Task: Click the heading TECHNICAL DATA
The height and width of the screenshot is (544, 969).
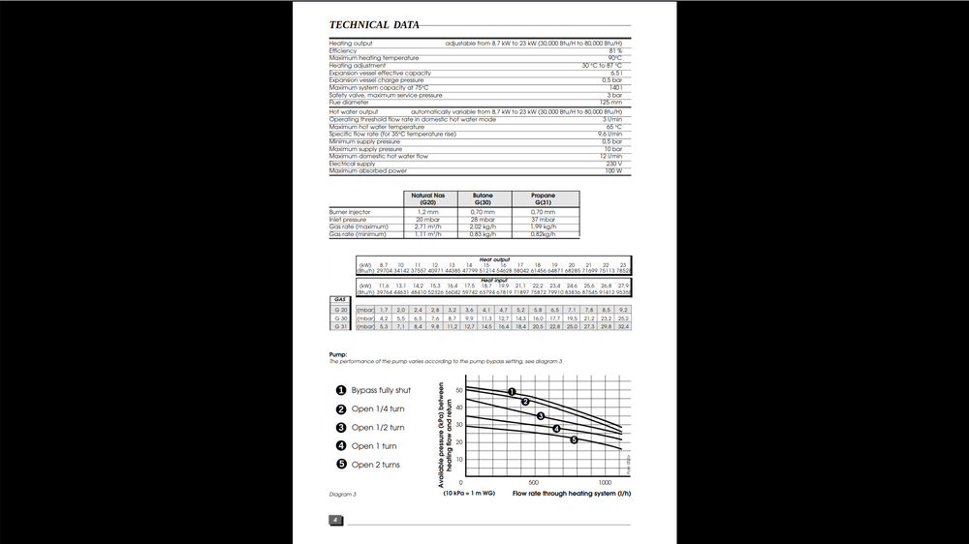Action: click(374, 25)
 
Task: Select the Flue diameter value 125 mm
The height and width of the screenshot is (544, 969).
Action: click(610, 102)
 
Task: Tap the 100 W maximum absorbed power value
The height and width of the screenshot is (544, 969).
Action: click(612, 170)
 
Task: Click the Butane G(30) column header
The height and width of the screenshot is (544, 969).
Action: click(483, 198)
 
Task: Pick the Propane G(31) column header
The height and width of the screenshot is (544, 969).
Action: click(544, 198)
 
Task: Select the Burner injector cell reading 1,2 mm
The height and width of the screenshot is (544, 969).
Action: click(428, 211)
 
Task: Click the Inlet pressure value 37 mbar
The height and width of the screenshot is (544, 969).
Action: click(544, 219)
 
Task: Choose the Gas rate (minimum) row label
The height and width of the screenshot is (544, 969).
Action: click(358, 234)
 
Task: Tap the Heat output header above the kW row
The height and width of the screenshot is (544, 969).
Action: click(495, 259)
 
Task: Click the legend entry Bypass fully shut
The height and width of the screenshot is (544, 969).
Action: click(381, 390)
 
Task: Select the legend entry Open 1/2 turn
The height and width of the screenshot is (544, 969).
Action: click(378, 428)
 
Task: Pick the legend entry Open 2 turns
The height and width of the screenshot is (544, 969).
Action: click(375, 465)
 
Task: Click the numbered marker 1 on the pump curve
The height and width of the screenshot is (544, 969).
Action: click(511, 391)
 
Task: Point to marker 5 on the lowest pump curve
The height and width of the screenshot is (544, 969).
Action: click(574, 440)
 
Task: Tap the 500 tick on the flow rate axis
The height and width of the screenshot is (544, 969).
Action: click(533, 481)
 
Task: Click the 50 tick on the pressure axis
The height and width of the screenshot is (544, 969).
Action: click(461, 390)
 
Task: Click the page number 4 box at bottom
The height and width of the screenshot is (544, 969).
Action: click(334, 519)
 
